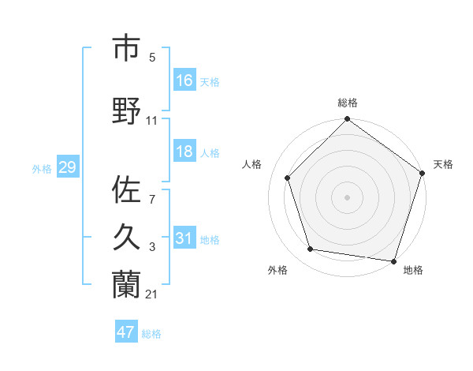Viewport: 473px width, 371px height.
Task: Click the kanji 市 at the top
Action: pyautogui.click(x=126, y=49)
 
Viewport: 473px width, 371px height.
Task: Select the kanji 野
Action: pyautogui.click(x=126, y=111)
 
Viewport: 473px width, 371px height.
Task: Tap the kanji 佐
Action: pyautogui.click(x=126, y=190)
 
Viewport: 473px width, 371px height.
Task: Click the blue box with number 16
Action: pyautogui.click(x=184, y=80)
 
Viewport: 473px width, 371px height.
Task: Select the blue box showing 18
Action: pyautogui.click(x=184, y=152)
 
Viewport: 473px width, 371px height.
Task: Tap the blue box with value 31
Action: pyautogui.click(x=184, y=238)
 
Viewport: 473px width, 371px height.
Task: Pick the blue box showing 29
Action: pyautogui.click(x=67, y=167)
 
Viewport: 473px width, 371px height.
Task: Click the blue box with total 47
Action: pyautogui.click(x=126, y=332)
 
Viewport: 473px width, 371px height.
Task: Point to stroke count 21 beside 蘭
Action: pyautogui.click(x=152, y=294)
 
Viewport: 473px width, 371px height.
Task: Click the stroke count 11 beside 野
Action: pyautogui.click(x=152, y=121)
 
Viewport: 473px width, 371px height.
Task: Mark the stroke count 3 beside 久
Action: pyautogui.click(x=152, y=247)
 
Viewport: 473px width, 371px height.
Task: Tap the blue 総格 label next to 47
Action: pyautogui.click(x=151, y=334)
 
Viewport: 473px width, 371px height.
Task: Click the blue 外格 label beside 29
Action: pyautogui.click(x=42, y=168)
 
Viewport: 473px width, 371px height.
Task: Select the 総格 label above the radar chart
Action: pyautogui.click(x=347, y=103)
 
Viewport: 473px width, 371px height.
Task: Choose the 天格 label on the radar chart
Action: pyautogui.click(x=443, y=164)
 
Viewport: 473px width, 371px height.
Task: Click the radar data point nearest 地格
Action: pyautogui.click(x=393, y=260)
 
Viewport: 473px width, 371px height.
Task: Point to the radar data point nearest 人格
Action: pyautogui.click(x=288, y=178)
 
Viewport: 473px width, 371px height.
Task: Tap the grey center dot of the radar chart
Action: pyautogui.click(x=347, y=197)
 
